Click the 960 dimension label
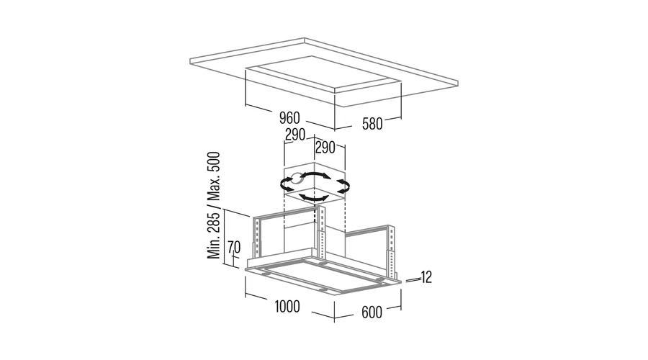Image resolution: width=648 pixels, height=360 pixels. (x=289, y=118)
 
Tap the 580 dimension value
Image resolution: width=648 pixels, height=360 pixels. (x=372, y=124)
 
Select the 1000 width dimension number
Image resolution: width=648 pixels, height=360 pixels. (x=287, y=307)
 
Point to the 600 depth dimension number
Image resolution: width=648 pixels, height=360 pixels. (x=372, y=312)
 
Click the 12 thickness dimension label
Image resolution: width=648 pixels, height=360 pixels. (x=426, y=277)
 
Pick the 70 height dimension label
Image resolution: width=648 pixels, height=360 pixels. (x=234, y=247)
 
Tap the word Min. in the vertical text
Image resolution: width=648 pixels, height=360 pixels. (x=214, y=248)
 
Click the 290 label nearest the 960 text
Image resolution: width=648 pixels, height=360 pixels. (x=295, y=135)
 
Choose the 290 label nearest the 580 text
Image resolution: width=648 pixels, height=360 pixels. (x=325, y=148)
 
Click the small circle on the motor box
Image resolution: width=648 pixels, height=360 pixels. (x=296, y=179)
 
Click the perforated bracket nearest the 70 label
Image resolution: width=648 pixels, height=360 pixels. (x=258, y=240)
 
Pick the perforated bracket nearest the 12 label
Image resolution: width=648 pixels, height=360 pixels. (x=390, y=252)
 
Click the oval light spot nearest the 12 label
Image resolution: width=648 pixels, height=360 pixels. (x=381, y=281)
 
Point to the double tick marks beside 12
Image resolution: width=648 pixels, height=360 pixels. (x=413, y=281)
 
